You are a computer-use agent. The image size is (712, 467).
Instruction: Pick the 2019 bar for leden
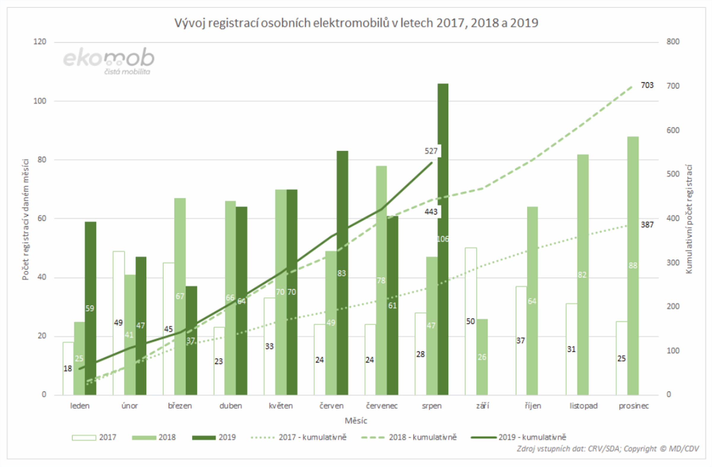click(90, 329)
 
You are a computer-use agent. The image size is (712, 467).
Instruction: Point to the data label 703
click(647, 85)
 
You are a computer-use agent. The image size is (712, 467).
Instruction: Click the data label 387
click(647, 225)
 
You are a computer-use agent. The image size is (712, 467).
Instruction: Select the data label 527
click(431, 151)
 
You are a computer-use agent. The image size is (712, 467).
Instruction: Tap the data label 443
click(431, 212)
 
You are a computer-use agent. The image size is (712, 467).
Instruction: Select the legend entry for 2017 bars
click(94, 437)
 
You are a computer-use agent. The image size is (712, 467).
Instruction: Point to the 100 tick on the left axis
click(40, 101)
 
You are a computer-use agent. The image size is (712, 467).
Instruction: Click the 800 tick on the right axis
click(673, 42)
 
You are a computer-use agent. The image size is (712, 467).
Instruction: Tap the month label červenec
click(382, 406)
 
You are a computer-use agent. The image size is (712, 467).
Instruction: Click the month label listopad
click(583, 406)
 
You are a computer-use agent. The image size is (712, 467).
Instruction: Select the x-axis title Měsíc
click(356, 421)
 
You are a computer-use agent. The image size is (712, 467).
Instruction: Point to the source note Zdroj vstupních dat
click(608, 449)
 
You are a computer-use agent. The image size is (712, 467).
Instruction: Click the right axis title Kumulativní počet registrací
click(689, 219)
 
